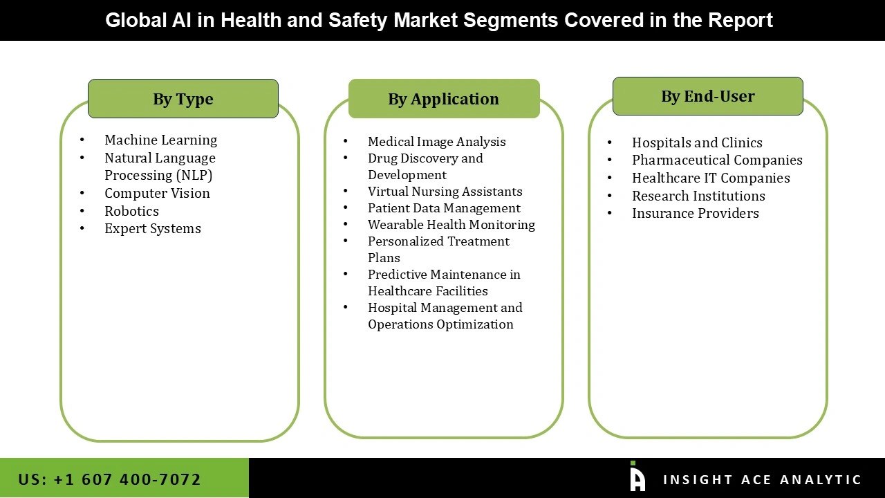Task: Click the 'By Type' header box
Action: click(183, 99)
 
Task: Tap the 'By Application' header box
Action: click(444, 99)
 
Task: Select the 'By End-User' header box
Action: click(707, 96)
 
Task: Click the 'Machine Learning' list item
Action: click(160, 140)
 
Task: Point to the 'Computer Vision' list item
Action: click(157, 193)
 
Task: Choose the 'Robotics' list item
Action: click(131, 211)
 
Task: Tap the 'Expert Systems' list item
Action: click(153, 228)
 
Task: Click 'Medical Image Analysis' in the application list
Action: click(436, 142)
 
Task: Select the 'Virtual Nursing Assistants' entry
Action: click(445, 192)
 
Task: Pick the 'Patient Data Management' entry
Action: click(444, 208)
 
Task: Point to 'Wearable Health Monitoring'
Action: click(451, 225)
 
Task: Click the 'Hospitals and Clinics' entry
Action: click(697, 142)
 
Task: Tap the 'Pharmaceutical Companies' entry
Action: click(717, 160)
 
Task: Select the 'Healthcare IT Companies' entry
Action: click(711, 178)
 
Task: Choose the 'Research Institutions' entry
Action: click(698, 196)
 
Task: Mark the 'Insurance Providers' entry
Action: click(695, 213)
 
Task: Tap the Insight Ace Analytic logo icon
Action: click(637, 477)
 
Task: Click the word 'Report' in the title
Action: click(740, 20)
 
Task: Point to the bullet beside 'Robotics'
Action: click(82, 211)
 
